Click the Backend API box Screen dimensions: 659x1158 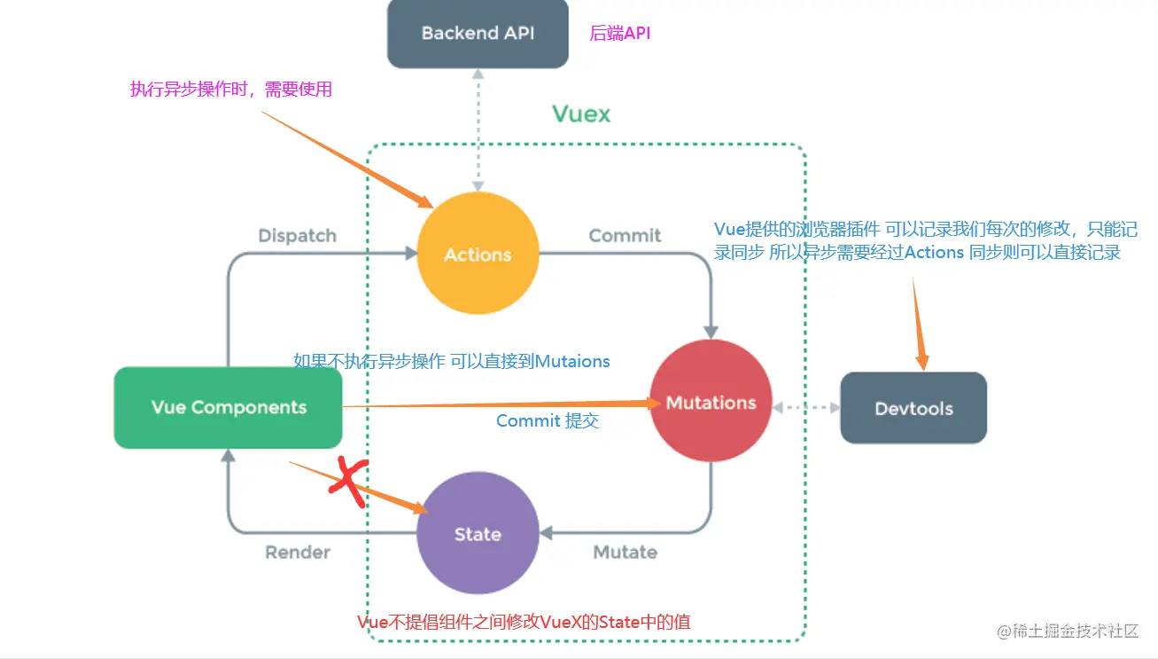tap(478, 34)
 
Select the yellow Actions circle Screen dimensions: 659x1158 tap(478, 255)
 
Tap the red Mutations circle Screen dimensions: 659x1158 tap(711, 403)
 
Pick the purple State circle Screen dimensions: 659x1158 tap(478, 534)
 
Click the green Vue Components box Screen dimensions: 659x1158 tap(229, 408)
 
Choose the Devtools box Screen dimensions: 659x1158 tap(913, 409)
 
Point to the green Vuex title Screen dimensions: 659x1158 tap(581, 114)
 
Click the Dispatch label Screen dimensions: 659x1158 tap(297, 236)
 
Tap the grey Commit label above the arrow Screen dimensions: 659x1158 tap(625, 236)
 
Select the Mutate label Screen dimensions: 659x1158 tap(625, 552)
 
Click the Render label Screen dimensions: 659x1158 tap(298, 552)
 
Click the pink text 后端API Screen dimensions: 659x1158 tap(620, 34)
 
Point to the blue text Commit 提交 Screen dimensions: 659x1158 tap(548, 421)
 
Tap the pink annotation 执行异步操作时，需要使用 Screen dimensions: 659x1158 tap(230, 89)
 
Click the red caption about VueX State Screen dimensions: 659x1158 tap(523, 623)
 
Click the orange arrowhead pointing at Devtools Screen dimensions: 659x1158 tap(922, 360)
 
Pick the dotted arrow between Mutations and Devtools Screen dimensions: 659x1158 tap(805, 408)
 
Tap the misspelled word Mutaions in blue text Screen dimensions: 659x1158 tap(572, 361)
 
